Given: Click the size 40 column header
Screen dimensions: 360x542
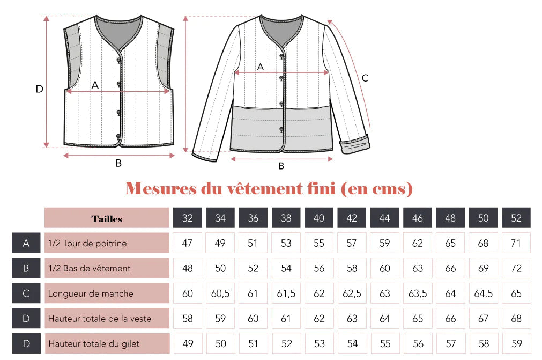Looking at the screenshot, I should pos(319,218).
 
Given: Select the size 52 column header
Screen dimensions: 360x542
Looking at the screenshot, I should pos(516,218).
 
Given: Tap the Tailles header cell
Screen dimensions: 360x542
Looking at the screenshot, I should pos(107,218).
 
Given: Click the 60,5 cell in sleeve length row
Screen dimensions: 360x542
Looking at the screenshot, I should pos(220,293).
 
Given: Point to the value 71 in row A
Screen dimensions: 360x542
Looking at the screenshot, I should pos(516,243).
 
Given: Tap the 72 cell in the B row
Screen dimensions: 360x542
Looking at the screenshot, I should pos(516,268).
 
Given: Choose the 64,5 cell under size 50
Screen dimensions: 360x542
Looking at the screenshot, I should pos(483,293).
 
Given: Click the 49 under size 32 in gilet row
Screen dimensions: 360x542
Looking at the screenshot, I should pos(188,343).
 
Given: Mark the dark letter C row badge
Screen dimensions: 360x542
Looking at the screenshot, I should pos(26,293).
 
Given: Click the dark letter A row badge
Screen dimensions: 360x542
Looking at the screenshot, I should pos(26,243).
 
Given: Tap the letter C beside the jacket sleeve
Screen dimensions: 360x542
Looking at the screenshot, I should pos(365,78).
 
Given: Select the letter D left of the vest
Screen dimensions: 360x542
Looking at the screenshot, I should pos(39,89).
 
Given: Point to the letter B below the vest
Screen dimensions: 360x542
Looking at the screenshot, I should pos(118,163).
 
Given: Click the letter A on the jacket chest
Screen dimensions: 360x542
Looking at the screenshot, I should pos(261,67).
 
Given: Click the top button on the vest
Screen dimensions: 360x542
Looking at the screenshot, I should pos(118,61).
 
